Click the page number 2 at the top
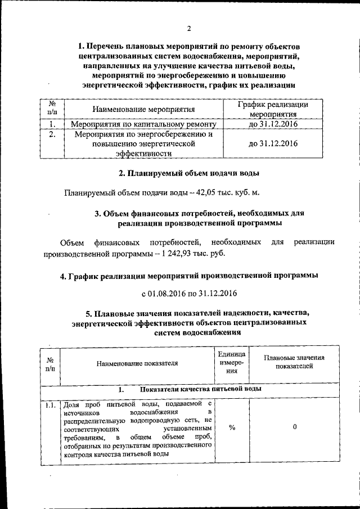(x=189, y=28)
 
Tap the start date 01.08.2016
(x=167, y=293)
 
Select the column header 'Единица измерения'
(x=232, y=363)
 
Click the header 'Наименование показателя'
(x=137, y=363)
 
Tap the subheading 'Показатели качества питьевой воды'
(x=200, y=389)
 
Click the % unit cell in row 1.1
(x=232, y=427)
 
